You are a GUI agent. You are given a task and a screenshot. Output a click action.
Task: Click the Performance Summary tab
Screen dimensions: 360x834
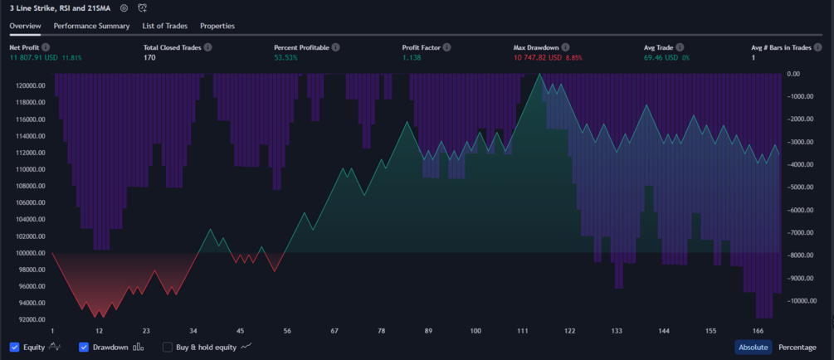point(91,26)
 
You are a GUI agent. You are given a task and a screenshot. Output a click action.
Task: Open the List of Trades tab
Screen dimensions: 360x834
point(164,26)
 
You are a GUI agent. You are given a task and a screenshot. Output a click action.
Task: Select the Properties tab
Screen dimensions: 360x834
point(217,26)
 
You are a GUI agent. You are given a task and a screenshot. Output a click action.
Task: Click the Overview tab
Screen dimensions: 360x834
point(25,26)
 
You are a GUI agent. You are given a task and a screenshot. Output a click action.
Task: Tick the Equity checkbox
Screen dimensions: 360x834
point(15,347)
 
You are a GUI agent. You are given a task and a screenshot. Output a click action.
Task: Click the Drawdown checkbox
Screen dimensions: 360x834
point(84,347)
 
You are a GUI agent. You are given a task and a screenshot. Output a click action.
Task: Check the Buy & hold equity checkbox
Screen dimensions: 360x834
point(168,347)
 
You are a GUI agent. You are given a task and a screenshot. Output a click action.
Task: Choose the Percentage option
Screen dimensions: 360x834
point(797,347)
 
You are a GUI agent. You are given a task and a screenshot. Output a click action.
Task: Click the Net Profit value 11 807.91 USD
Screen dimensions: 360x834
point(34,58)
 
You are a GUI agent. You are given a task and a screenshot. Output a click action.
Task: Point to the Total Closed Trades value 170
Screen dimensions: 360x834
point(149,58)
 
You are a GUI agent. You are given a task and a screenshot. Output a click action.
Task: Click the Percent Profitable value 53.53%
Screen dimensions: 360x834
point(285,58)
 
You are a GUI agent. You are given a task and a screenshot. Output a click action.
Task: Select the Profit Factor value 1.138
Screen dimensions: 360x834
point(412,58)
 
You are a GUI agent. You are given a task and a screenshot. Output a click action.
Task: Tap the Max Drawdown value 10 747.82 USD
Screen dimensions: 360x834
point(537,58)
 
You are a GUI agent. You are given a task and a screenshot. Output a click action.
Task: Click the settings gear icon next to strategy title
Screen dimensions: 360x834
point(124,8)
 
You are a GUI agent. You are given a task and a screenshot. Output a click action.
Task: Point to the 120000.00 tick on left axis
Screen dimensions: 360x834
point(32,85)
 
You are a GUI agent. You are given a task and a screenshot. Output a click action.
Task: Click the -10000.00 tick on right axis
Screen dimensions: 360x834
point(803,301)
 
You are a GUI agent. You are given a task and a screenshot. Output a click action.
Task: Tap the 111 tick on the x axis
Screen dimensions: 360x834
point(523,330)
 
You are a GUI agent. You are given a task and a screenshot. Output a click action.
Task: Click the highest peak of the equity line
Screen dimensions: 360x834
point(540,74)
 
